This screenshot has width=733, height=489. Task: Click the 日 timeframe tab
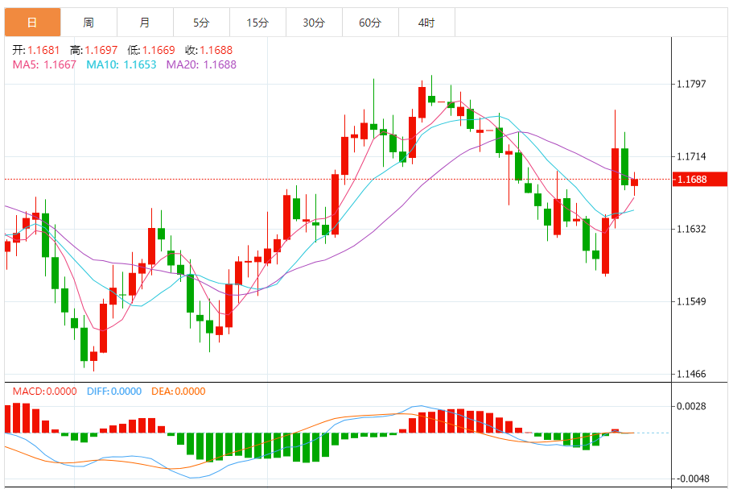[x=32, y=23]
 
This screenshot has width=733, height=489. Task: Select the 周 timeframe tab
[x=89, y=23]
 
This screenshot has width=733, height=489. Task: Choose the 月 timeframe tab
[x=145, y=23]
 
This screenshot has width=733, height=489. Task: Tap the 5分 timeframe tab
[x=201, y=23]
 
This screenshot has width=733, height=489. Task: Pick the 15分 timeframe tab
[x=257, y=23]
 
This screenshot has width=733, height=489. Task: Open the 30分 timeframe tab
[x=314, y=23]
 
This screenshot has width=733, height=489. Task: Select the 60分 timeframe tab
[x=370, y=23]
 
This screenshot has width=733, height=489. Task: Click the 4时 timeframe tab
[x=426, y=23]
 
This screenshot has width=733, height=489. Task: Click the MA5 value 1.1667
[x=60, y=64]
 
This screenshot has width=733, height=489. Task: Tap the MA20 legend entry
[x=201, y=64]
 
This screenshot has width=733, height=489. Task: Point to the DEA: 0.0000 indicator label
[x=178, y=392]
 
